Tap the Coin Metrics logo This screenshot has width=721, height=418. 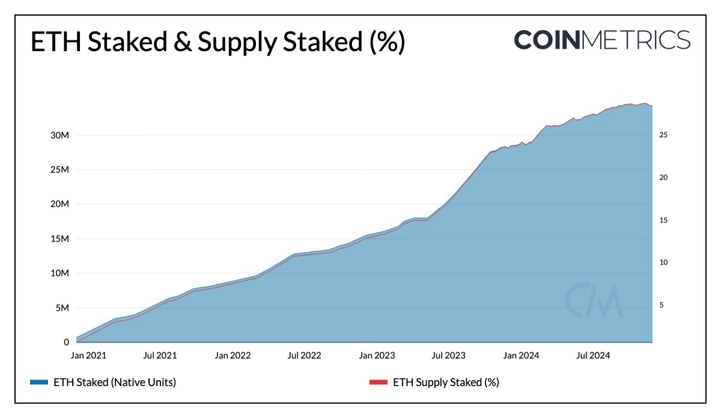click(601, 40)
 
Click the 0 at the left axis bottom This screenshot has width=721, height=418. click(66, 342)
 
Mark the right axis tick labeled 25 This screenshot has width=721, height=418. click(663, 135)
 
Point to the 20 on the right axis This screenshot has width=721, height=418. click(663, 178)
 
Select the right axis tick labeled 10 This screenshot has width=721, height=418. click(663, 263)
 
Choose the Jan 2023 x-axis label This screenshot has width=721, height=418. click(377, 355)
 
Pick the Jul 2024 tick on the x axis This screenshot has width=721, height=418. click(593, 355)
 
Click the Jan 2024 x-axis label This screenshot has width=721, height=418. click(521, 355)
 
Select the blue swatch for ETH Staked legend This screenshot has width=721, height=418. click(38, 382)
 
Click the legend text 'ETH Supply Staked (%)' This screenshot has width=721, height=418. click(446, 382)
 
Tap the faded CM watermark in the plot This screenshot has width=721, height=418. click(593, 300)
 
